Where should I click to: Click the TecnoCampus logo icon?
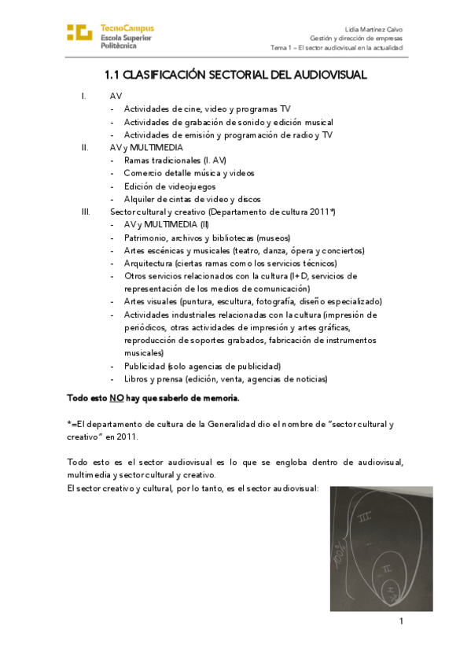click(x=79, y=33)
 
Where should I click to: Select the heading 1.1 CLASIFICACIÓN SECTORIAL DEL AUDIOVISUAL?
click(x=236, y=75)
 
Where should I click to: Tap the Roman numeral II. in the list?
click(x=85, y=147)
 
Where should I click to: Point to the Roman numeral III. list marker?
click(x=86, y=212)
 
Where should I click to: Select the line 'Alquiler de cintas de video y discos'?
click(x=192, y=199)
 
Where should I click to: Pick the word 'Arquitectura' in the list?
click(x=149, y=263)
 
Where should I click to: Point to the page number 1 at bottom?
click(x=400, y=621)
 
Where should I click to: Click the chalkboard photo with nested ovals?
click(x=381, y=548)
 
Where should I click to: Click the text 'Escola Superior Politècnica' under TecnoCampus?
click(x=126, y=42)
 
